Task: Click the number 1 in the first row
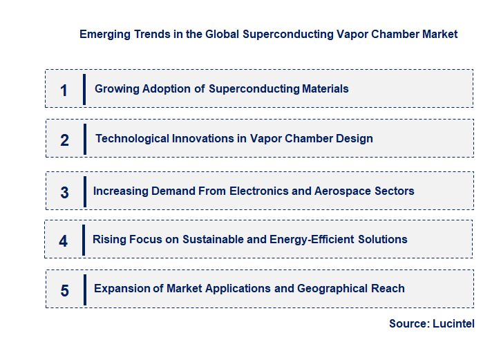[x=64, y=90]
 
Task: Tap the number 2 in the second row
[x=64, y=140]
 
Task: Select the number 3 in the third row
[x=64, y=193]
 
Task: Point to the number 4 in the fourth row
[x=64, y=241]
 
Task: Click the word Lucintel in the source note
[x=453, y=323]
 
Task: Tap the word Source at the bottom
[x=408, y=323]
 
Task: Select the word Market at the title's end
[x=439, y=34]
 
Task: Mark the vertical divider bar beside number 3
[x=84, y=191]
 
